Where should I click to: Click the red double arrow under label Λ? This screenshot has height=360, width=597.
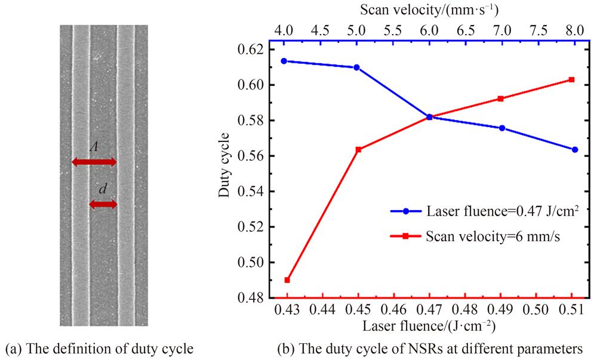click(x=94, y=162)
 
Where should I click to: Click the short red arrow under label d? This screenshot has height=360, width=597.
click(x=103, y=204)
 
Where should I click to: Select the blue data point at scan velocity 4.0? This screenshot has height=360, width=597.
click(x=287, y=61)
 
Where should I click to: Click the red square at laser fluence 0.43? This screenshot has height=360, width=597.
click(x=287, y=280)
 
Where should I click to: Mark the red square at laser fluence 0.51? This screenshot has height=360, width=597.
click(x=571, y=79)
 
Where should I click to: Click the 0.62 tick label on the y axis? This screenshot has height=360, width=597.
click(x=256, y=50)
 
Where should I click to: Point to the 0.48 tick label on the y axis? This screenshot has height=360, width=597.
click(x=256, y=297)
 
